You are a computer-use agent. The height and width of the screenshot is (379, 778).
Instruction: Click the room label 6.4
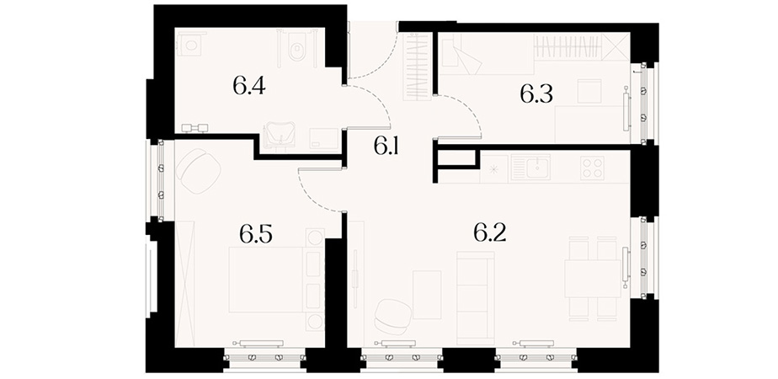click(x=249, y=86)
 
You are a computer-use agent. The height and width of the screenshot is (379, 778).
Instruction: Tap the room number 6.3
click(x=536, y=93)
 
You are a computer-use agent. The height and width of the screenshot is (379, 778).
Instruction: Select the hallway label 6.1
click(x=387, y=147)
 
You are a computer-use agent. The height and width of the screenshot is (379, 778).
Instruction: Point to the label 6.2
click(x=490, y=232)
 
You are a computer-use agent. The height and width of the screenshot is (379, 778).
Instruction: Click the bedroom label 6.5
click(x=256, y=233)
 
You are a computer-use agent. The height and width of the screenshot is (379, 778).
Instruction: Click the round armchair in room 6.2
click(x=392, y=316)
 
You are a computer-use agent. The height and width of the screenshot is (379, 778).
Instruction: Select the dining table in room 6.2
click(x=594, y=279)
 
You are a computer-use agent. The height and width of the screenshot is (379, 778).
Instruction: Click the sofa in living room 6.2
click(x=476, y=298)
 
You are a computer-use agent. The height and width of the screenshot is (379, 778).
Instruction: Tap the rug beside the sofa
click(x=427, y=295)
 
